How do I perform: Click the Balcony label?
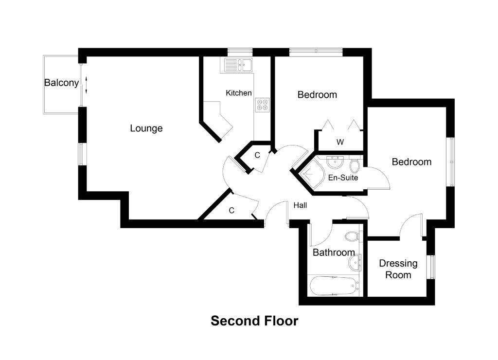coord(61,83)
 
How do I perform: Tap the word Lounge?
coord(146,128)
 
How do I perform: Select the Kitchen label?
coord(239,93)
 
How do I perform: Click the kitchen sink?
coord(237,64)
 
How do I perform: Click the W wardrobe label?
coord(340,142)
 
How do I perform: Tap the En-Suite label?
coord(343,178)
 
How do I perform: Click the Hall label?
coord(300,205)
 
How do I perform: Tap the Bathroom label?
coord(333,252)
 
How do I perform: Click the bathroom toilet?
coord(351,237)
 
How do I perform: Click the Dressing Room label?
coord(398,269)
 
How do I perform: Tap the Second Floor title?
coord(254,321)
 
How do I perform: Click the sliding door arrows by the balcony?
coord(86,84)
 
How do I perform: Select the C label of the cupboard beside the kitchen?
coord(257,155)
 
